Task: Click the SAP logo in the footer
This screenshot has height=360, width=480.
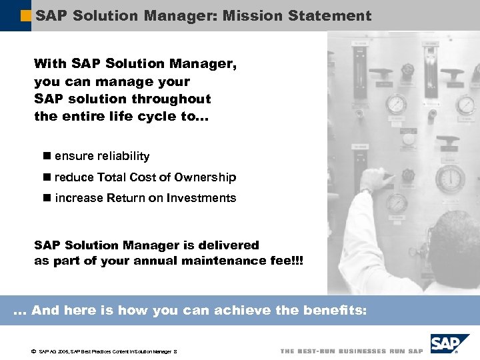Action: click(449, 345)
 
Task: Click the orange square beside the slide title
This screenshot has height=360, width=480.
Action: click(27, 15)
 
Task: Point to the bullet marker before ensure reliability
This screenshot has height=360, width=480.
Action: click(46, 156)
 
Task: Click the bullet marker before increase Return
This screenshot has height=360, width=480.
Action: click(46, 198)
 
